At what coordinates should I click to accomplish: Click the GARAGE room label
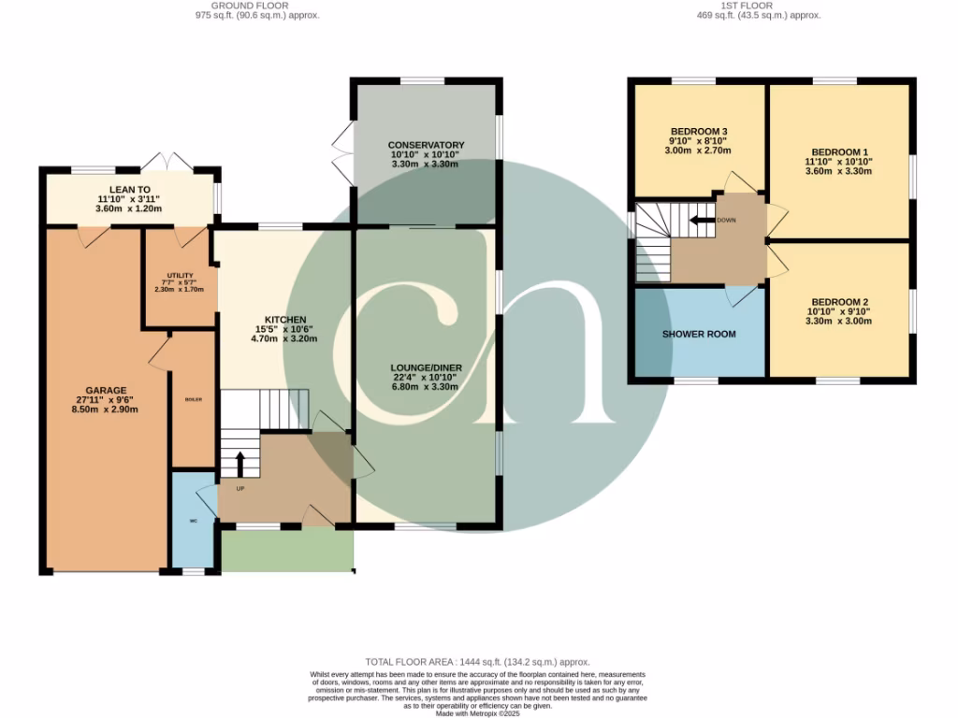pyautogui.click(x=106, y=390)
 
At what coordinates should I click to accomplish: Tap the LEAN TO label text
pyautogui.click(x=129, y=189)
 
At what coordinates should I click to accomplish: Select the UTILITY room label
pyautogui.click(x=180, y=275)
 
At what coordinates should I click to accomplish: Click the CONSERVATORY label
pyautogui.click(x=426, y=145)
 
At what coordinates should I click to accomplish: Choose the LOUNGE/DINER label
pyautogui.click(x=426, y=367)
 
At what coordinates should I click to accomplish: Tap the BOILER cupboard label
pyautogui.click(x=193, y=399)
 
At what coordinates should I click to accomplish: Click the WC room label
pyautogui.click(x=194, y=521)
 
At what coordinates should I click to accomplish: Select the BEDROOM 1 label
pyautogui.click(x=839, y=152)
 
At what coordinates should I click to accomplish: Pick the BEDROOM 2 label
pyautogui.click(x=839, y=302)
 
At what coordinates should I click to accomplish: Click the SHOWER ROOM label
pyautogui.click(x=699, y=334)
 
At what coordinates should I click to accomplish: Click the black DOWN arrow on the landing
pyautogui.click(x=700, y=221)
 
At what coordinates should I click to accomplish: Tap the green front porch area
pyautogui.click(x=286, y=550)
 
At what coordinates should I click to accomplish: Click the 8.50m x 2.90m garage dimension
pyautogui.click(x=106, y=409)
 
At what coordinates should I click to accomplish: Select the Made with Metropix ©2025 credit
pyautogui.click(x=478, y=713)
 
